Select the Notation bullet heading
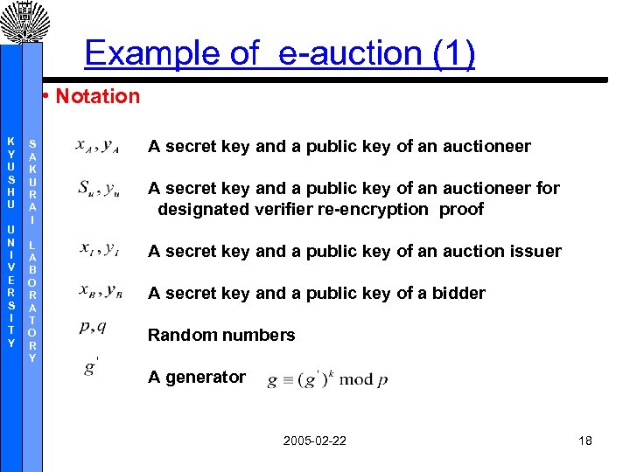(x=97, y=96)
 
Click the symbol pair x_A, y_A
(x=98, y=146)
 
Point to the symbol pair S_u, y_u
(x=99, y=189)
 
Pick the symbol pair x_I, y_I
(x=99, y=251)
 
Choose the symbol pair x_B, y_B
(x=99, y=293)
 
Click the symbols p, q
(x=93, y=328)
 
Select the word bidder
(x=458, y=294)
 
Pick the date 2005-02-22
(x=314, y=441)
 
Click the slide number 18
(x=585, y=441)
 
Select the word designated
(x=203, y=210)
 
